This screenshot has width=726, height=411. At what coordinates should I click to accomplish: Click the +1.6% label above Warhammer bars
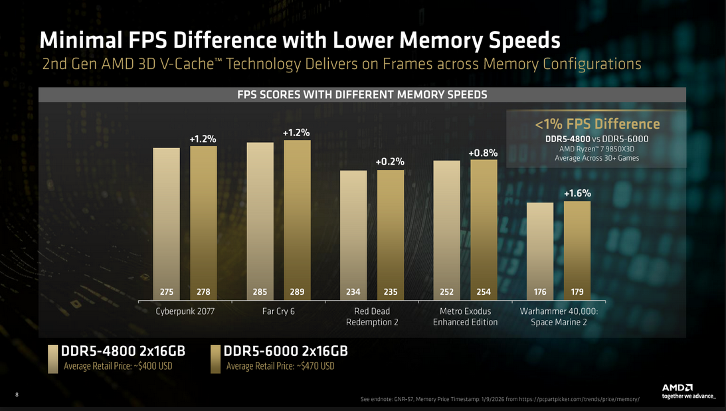tap(577, 193)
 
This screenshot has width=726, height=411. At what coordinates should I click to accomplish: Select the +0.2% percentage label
tap(390, 161)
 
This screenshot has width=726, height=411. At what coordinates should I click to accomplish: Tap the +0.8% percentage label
tap(483, 153)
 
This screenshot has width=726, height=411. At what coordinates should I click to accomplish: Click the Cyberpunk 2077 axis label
tap(185, 311)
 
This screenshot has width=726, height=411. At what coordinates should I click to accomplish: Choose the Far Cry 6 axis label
tap(278, 311)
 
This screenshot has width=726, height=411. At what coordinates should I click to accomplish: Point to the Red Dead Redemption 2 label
tap(371, 317)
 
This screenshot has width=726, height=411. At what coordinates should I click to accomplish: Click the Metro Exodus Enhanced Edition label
tap(465, 317)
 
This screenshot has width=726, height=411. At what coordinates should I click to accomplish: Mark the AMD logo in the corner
tap(678, 387)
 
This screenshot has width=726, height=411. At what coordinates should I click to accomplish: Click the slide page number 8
tap(17, 395)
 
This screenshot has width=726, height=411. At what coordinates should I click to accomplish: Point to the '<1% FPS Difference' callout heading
tap(597, 124)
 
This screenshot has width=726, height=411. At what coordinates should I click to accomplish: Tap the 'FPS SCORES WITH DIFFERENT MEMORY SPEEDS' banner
tap(362, 95)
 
